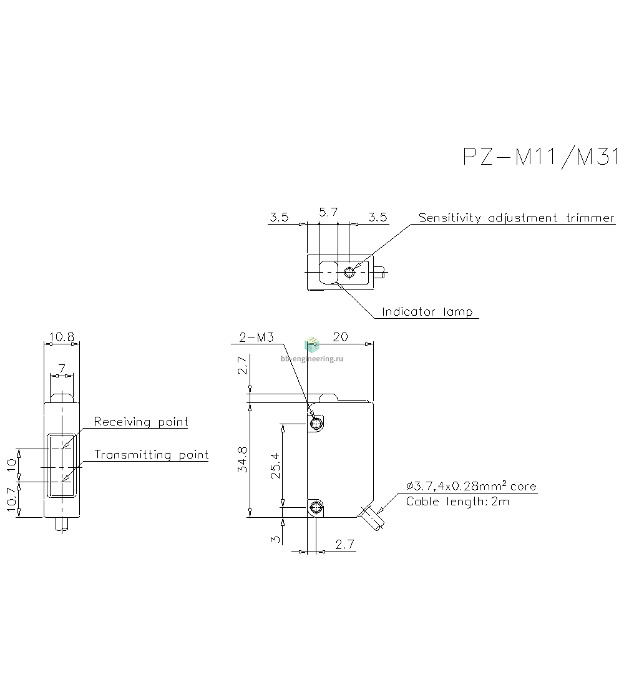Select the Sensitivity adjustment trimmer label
(517, 218)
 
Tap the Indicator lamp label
(427, 311)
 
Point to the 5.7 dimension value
(328, 212)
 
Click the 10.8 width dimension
(62, 337)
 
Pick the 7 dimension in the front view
(62, 369)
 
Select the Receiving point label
(141, 421)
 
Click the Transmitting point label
(151, 454)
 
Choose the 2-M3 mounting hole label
(256, 337)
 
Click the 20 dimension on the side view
(340, 337)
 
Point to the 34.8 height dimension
(242, 459)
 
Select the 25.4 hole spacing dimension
(275, 465)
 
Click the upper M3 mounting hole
(316, 423)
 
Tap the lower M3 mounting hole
(316, 507)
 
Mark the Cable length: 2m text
(457, 502)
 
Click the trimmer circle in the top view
(349, 272)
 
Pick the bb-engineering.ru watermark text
(312, 359)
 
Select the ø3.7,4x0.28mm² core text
(471, 485)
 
